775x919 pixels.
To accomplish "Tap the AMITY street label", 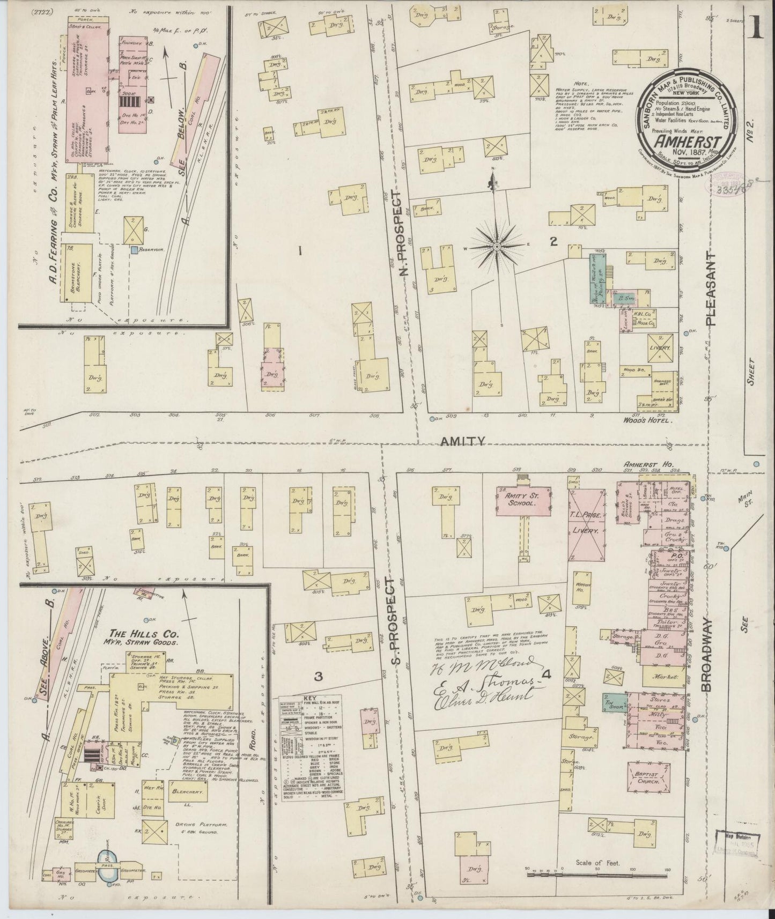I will (462, 441).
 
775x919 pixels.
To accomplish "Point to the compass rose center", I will (497, 246).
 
